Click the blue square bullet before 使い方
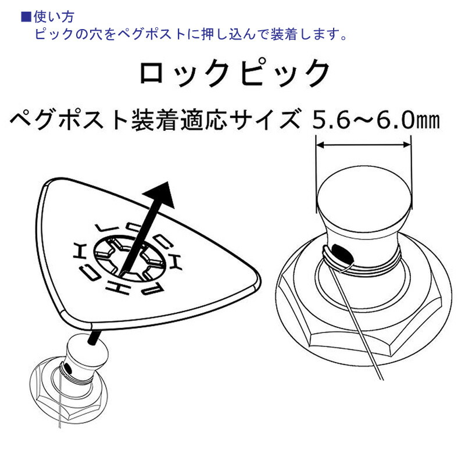click(26, 17)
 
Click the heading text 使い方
click(53, 17)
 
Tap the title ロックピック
click(234, 73)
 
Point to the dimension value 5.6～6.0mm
click(375, 120)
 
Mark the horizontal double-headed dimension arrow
click(364, 145)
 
